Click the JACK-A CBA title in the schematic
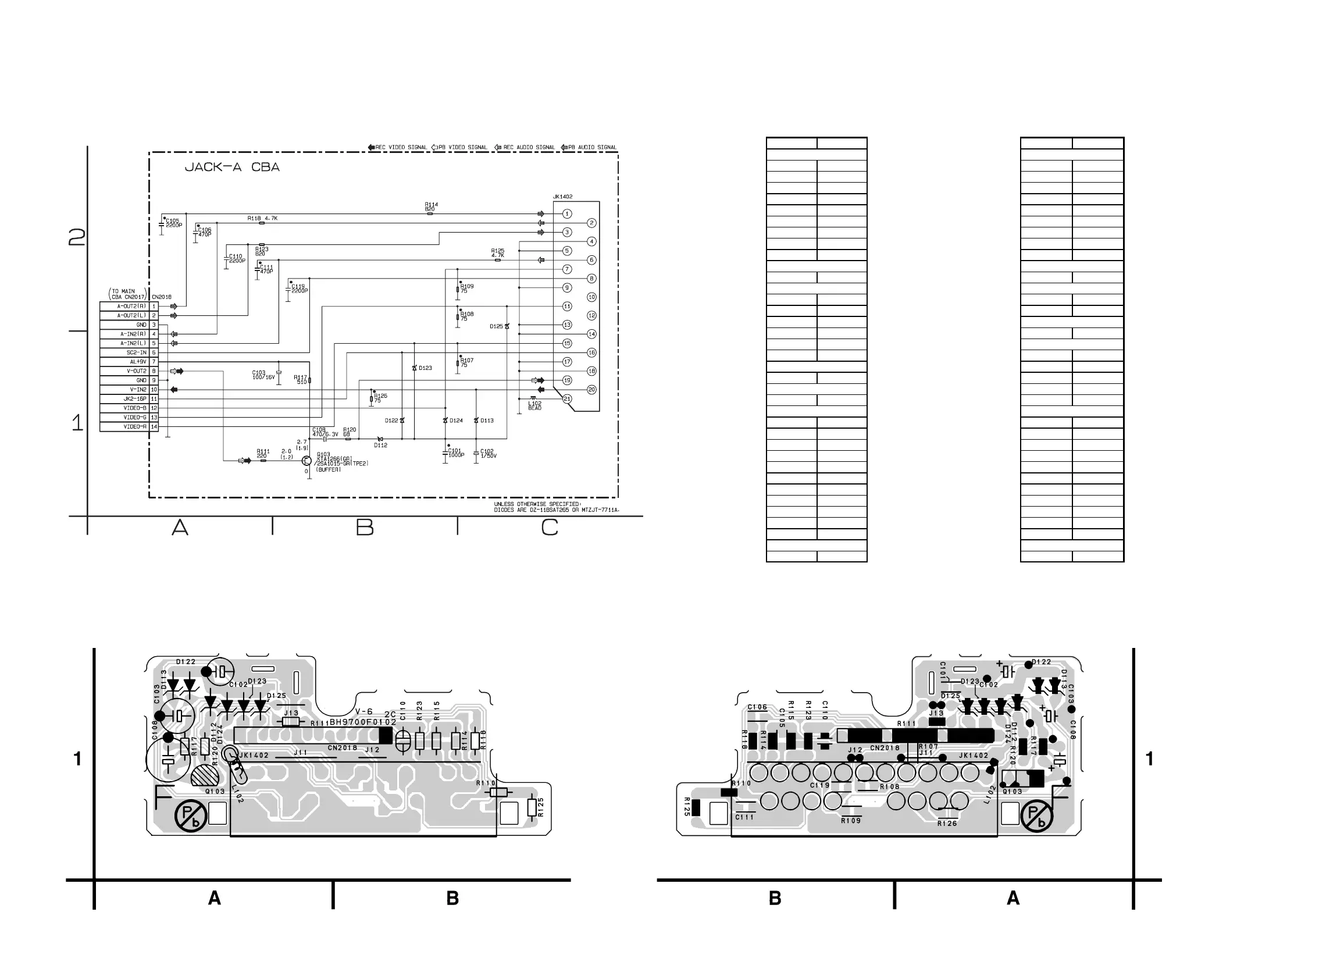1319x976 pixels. [232, 167]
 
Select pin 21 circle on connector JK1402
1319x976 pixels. [567, 399]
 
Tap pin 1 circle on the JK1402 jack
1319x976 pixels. [567, 214]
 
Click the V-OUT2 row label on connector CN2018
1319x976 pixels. [137, 371]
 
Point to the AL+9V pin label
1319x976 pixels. [138, 362]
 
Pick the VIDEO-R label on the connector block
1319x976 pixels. [135, 426]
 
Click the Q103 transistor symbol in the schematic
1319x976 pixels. [306, 461]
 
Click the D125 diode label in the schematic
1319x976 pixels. [496, 326]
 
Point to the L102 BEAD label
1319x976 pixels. [534, 406]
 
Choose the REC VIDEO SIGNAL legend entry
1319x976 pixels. [398, 147]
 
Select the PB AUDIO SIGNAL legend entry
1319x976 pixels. [589, 147]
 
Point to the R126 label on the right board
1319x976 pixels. [947, 824]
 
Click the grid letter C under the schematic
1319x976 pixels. [550, 528]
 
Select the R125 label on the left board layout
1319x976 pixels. [541, 807]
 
